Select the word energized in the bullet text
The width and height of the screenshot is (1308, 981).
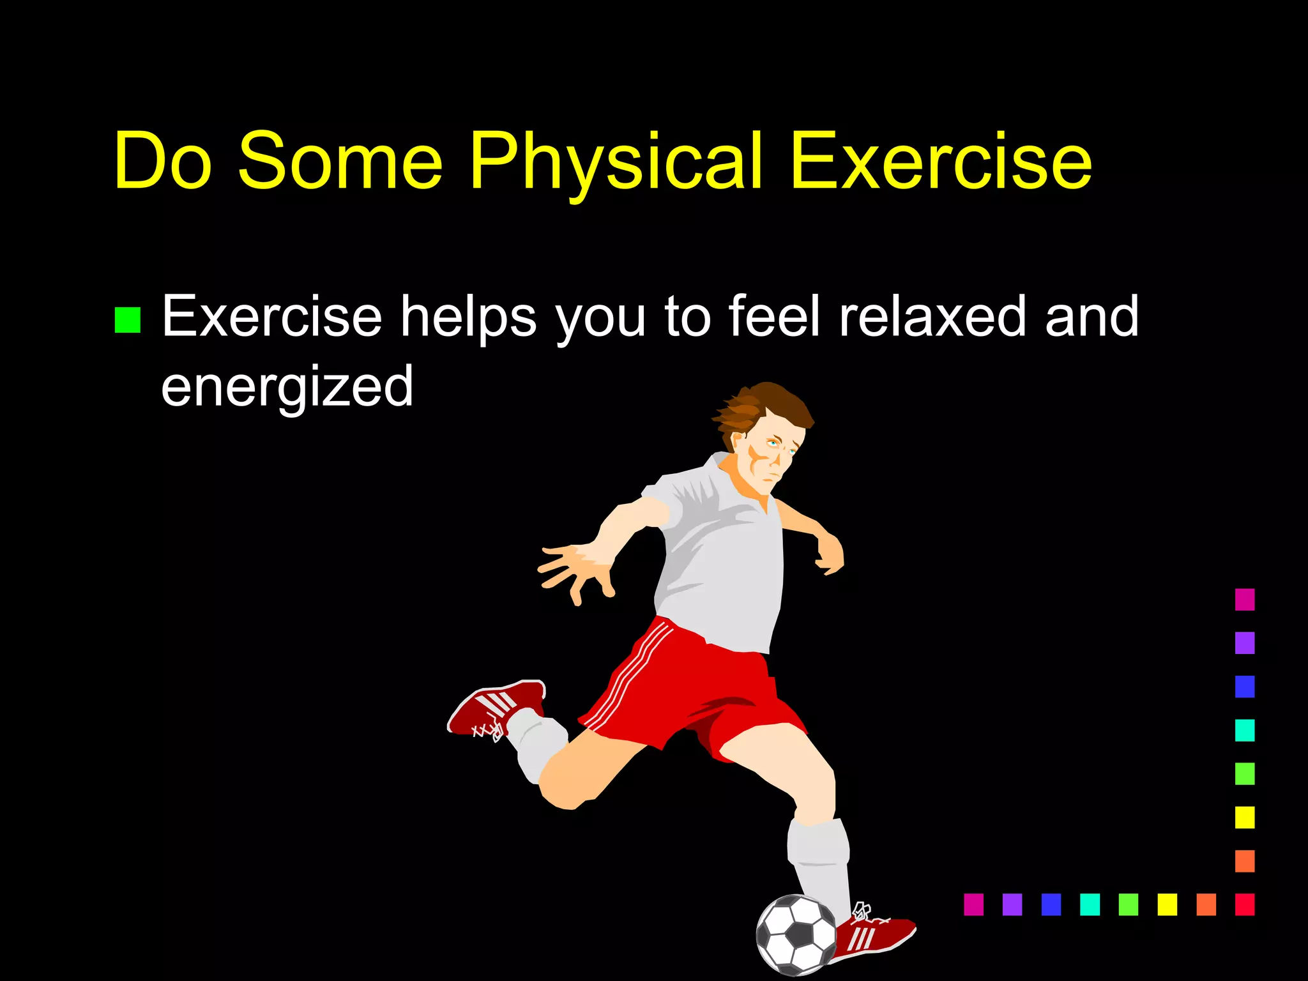point(287,386)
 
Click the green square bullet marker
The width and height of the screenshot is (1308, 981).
point(127,320)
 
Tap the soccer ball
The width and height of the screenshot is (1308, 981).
point(796,934)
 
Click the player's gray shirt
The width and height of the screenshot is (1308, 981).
point(722,556)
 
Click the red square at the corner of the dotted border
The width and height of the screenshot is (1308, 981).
point(1244,904)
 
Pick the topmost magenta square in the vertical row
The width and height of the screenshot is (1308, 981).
point(1244,600)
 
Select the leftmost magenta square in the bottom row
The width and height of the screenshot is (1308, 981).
point(973,904)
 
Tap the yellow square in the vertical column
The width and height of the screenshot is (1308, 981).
point(1244,817)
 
